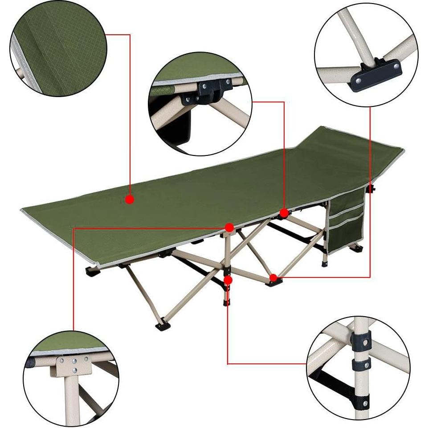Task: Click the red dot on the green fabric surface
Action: coord(130,200)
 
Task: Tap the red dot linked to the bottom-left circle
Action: coord(229,228)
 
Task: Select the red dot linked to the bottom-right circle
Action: coord(228,280)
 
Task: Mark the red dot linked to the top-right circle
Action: coord(273,278)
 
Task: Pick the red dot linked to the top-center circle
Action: coord(283,212)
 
